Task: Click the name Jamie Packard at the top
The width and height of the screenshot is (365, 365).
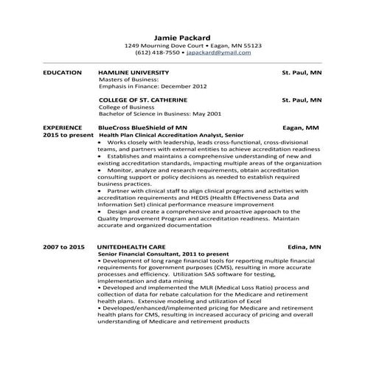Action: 182,37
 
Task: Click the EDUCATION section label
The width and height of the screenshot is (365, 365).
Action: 62,73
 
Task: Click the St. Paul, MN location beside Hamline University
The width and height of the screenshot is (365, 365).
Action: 302,73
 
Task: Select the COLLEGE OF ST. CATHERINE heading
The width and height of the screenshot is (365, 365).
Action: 143,99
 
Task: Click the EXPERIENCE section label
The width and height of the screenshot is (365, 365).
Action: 63,128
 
